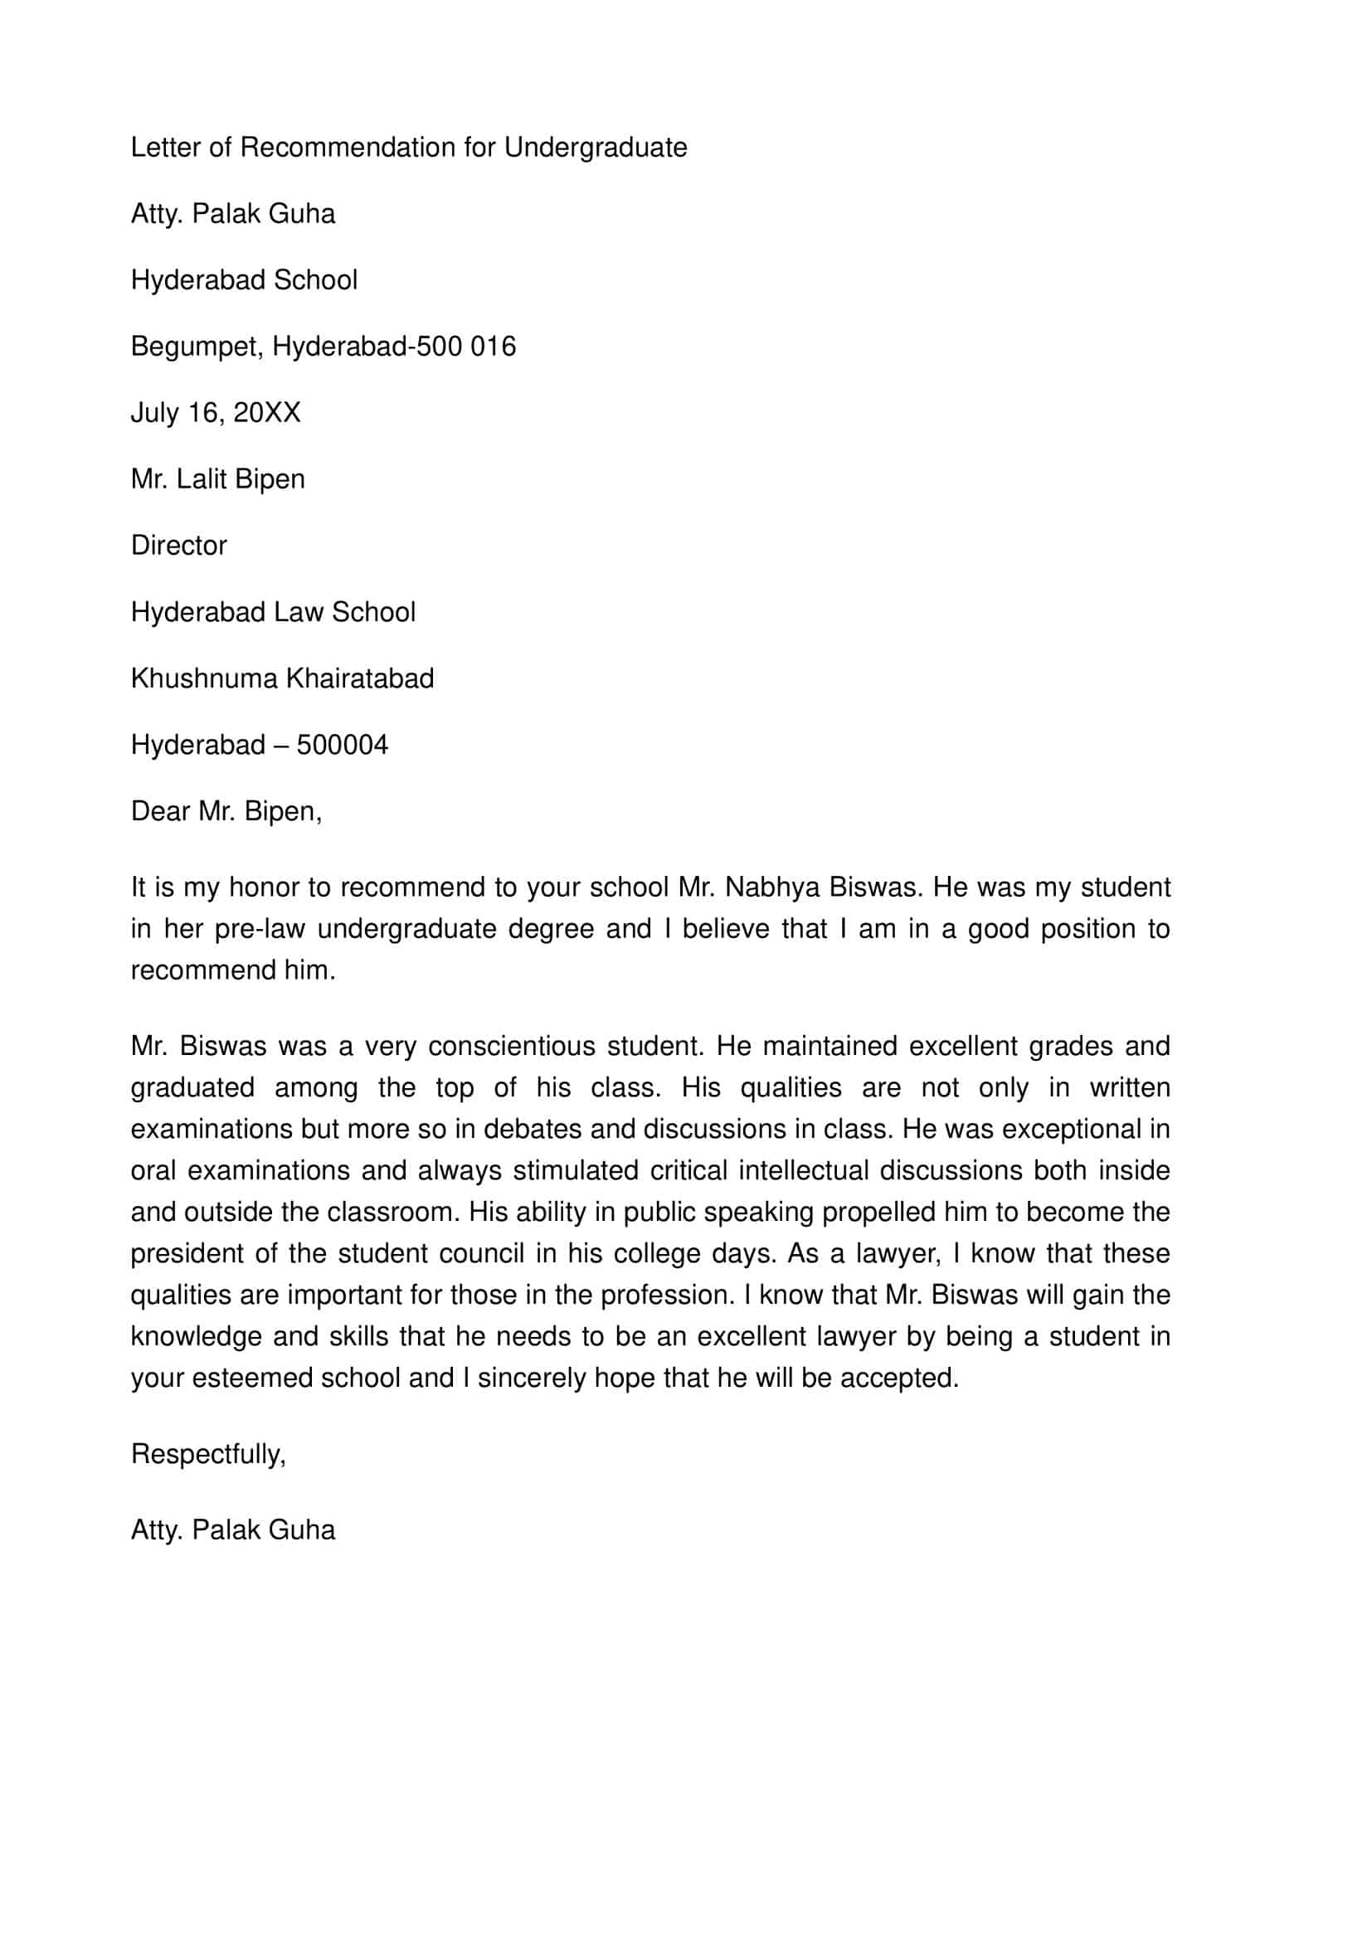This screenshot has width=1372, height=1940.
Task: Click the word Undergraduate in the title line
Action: click(x=596, y=148)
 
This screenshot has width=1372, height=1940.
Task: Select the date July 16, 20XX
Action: click(x=216, y=413)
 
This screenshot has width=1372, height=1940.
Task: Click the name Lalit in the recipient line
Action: click(x=202, y=479)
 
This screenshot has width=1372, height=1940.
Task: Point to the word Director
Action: click(x=178, y=546)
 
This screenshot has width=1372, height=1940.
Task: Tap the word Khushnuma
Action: click(x=203, y=678)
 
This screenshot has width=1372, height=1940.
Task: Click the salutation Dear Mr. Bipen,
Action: click(x=226, y=812)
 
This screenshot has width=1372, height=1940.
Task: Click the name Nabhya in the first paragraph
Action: click(x=772, y=887)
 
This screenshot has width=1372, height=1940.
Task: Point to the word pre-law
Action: click(x=260, y=929)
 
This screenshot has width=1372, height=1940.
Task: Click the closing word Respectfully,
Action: click(x=208, y=1454)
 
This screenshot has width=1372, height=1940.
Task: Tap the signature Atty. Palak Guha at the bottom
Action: click(x=232, y=1530)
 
